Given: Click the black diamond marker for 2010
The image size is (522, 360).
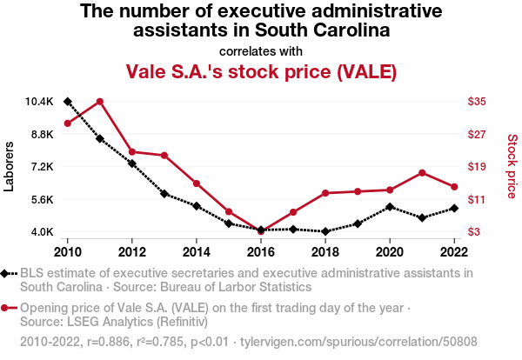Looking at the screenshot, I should [68, 102].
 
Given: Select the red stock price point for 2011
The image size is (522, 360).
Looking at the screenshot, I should [100, 101].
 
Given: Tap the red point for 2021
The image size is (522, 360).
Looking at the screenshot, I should [422, 172].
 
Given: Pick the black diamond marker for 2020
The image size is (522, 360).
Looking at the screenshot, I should [390, 207].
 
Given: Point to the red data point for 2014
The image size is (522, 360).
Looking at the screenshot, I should [197, 183].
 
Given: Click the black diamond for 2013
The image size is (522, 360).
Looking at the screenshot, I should [164, 193].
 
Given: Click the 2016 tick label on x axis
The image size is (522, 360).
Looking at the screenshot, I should [261, 251].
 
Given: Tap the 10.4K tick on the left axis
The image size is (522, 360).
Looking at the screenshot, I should [40, 102].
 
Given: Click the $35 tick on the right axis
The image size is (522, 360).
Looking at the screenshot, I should [477, 102].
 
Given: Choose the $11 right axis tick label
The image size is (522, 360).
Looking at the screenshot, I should [477, 199].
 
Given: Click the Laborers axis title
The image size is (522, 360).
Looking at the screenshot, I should [10, 167].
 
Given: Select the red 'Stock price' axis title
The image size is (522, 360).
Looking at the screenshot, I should [512, 165].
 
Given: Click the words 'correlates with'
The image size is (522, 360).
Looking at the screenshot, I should [261, 50].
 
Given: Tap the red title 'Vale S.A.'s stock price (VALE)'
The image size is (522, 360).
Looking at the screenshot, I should [261, 70].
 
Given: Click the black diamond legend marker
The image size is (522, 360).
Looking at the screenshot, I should [6, 274].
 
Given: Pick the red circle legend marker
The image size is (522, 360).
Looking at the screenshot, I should [6, 308].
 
